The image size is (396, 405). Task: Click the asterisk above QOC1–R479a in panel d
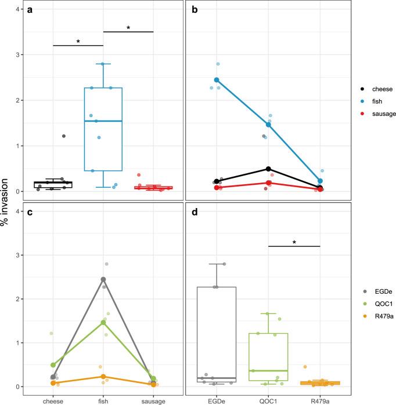[x=294, y=242]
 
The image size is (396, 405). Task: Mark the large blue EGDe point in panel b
[x=217, y=80]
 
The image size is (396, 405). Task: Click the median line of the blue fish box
[x=103, y=121]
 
